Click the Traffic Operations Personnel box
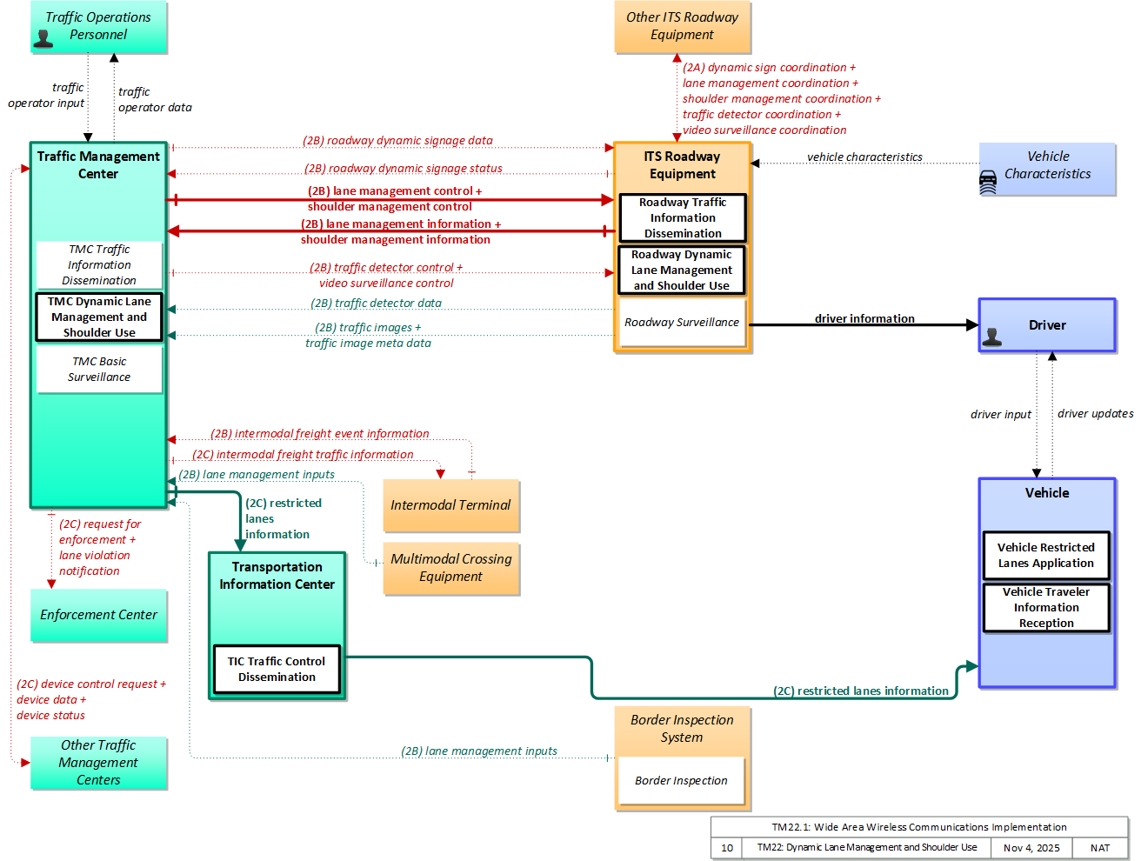pyautogui.click(x=98, y=26)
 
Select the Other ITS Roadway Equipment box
pyautogui.click(x=682, y=26)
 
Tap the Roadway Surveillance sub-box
pyautogui.click(x=682, y=323)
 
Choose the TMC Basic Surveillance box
pyautogui.click(x=99, y=370)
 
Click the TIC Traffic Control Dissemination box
pyautogui.click(x=277, y=670)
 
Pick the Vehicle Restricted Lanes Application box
pyautogui.click(x=1046, y=556)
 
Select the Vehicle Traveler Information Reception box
pyautogui.click(x=1046, y=607)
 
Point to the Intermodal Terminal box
pyautogui.click(x=450, y=505)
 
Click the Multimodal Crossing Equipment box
pyautogui.click(x=450, y=568)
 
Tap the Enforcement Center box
pyautogui.click(x=98, y=615)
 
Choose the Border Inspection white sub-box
pyautogui.click(x=682, y=780)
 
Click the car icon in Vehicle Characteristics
pyautogui.click(x=988, y=183)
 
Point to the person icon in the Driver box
pyautogui.click(x=991, y=337)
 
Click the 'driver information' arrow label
pyautogui.click(x=864, y=318)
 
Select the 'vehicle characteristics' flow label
pyautogui.click(x=864, y=157)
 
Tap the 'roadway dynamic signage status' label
pyautogui.click(x=404, y=169)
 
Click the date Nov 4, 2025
pyautogui.click(x=1031, y=848)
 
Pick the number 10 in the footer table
pyautogui.click(x=727, y=848)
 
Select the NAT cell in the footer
pyautogui.click(x=1100, y=848)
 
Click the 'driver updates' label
pyautogui.click(x=1095, y=414)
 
